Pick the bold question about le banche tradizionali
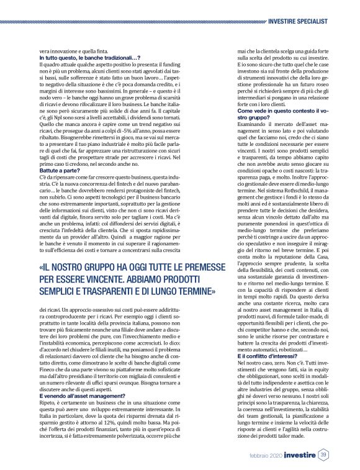point(88,58)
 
